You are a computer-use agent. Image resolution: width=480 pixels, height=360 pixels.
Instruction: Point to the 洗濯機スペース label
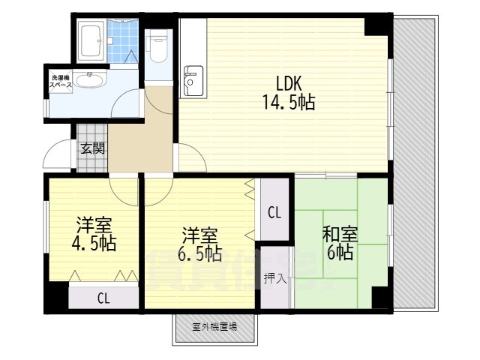pyautogui.click(x=61, y=81)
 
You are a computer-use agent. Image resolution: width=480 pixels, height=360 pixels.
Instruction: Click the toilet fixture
pyautogui.click(x=157, y=46)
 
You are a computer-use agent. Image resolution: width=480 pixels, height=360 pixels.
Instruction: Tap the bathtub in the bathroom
pyautogui.click(x=92, y=41)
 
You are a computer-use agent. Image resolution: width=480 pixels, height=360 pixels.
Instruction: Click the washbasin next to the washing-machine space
pyautogui.click(x=91, y=80)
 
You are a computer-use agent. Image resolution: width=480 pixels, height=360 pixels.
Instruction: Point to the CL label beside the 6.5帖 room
pyautogui.click(x=274, y=212)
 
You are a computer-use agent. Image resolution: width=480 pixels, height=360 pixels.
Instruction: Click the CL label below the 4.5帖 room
pyautogui.click(x=103, y=298)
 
